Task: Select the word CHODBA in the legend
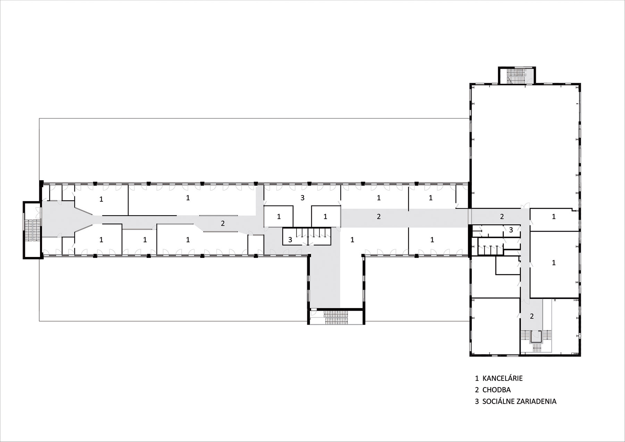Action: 497,390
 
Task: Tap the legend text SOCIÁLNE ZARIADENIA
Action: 519,401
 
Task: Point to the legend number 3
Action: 477,401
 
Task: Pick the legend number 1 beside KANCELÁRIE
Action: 477,378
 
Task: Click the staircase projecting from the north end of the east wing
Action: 517,76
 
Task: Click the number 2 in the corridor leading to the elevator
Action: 532,316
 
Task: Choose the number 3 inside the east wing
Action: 511,230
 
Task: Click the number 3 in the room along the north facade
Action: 302,198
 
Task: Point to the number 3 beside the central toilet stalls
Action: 290,240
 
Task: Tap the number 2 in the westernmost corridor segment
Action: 223,224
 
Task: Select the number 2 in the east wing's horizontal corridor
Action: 502,217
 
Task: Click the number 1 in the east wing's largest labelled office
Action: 554,263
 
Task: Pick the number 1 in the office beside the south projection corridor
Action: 352,240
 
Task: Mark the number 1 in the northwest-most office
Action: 101,199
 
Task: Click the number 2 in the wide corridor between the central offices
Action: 379,217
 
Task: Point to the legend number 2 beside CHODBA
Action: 477,390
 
